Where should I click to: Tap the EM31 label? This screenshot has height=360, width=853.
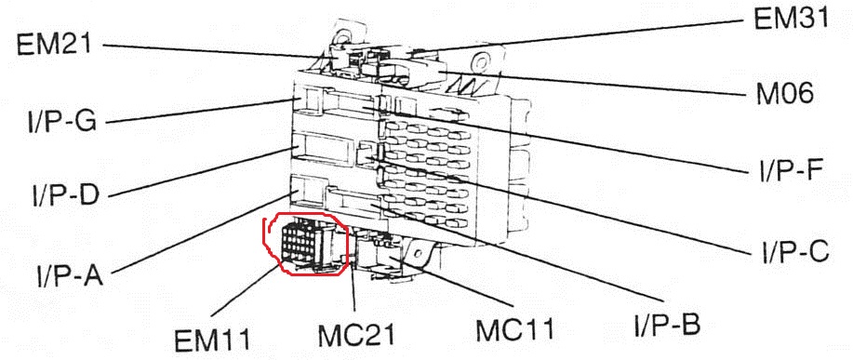[x=792, y=18]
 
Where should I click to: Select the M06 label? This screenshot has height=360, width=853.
[x=784, y=96]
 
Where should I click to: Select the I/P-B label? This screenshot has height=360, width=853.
[x=667, y=325]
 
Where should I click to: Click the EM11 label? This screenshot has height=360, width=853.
[x=213, y=340]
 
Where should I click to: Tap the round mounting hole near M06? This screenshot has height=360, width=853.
[x=480, y=60]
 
